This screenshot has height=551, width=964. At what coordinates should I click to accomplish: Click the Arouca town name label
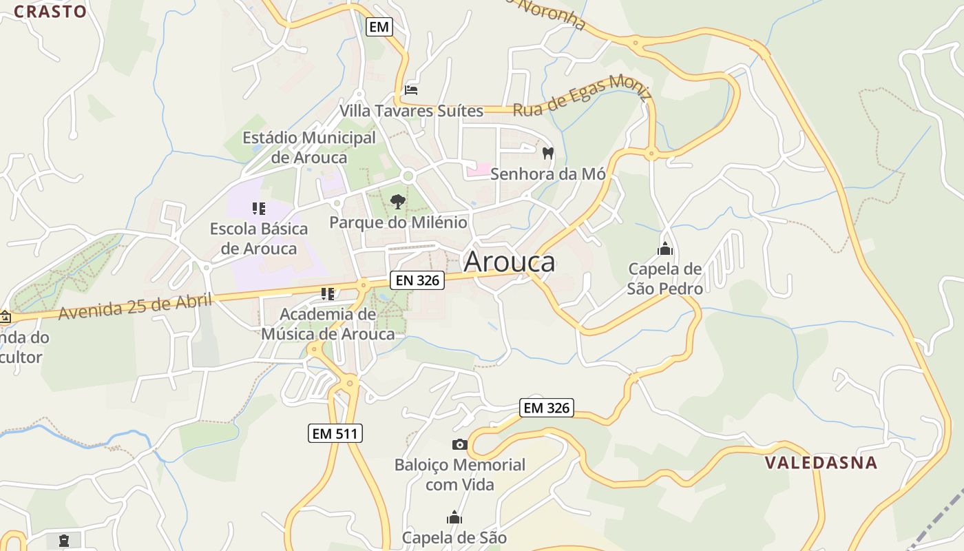(510, 262)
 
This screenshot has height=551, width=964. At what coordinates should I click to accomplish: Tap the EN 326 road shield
(417, 280)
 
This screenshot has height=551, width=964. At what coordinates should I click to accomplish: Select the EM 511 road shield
(335, 433)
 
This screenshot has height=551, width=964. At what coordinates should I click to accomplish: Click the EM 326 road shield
(547, 408)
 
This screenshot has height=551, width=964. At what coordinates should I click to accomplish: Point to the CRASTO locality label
(50, 11)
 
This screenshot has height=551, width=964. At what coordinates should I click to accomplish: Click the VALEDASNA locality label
(821, 463)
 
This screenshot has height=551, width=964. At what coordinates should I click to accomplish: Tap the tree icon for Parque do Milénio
(397, 201)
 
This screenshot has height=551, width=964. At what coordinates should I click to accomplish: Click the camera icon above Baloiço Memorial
(459, 445)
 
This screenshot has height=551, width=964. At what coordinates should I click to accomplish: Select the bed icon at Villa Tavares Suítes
(411, 90)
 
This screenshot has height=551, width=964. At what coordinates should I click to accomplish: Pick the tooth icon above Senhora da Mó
(548, 153)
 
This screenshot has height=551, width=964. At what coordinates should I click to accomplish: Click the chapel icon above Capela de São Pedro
(665, 249)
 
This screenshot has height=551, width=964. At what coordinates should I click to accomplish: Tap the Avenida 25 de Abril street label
(136, 305)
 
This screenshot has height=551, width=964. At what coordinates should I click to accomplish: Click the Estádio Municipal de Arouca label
(309, 147)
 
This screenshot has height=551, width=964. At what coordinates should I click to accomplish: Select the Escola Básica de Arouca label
(259, 238)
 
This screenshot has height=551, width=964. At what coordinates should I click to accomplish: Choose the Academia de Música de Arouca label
(328, 324)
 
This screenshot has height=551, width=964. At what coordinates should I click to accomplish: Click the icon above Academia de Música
(328, 294)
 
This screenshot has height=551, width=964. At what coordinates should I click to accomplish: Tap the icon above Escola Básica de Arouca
(259, 208)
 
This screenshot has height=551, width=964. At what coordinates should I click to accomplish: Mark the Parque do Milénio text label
(398, 222)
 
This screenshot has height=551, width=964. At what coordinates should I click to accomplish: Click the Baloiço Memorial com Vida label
(459, 475)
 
